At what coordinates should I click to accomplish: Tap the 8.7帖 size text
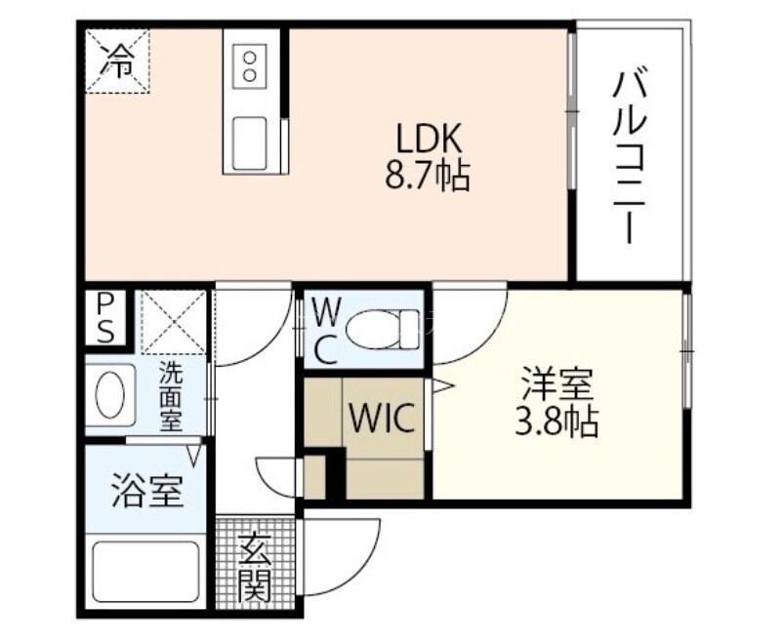pos(427,176)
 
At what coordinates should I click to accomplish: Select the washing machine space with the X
pos(174,321)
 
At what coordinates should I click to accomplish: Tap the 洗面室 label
pos(171,396)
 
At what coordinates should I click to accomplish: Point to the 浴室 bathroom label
pos(146,491)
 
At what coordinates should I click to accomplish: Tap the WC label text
pos(325,331)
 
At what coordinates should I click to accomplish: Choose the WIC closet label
pos(385,421)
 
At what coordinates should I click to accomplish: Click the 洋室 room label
pos(556,383)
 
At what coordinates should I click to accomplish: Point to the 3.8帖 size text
pos(556,423)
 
